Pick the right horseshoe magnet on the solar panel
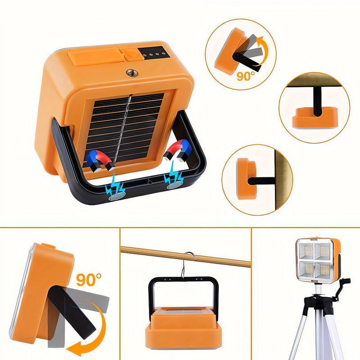coord(178,150)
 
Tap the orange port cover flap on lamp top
coord(95,58)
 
